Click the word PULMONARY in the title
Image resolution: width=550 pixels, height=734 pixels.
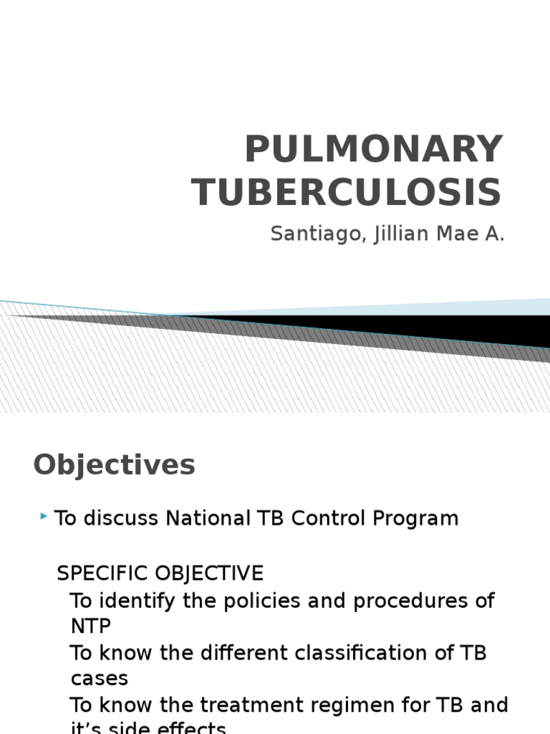(373, 149)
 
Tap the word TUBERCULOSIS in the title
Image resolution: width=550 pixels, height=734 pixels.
(347, 192)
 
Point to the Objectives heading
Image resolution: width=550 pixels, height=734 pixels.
(114, 465)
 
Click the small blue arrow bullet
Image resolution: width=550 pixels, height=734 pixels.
(45, 516)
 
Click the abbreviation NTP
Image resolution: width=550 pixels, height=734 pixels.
(91, 626)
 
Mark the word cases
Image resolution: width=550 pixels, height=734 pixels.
(100, 678)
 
